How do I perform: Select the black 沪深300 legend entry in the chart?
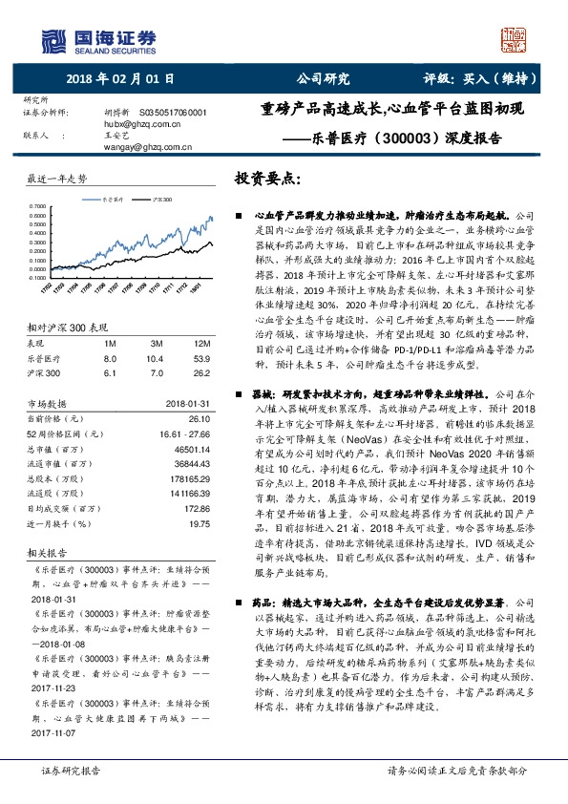click(160, 200)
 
